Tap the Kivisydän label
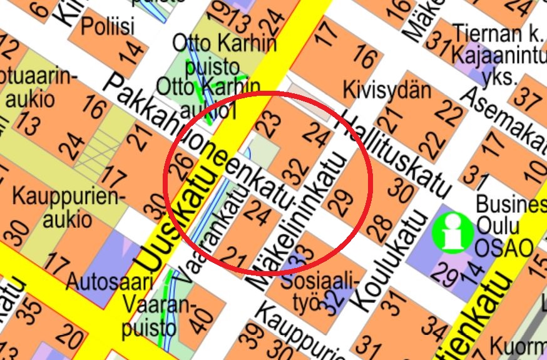point(387,90)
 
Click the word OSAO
point(503,247)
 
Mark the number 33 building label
point(305,254)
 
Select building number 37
point(529,100)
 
